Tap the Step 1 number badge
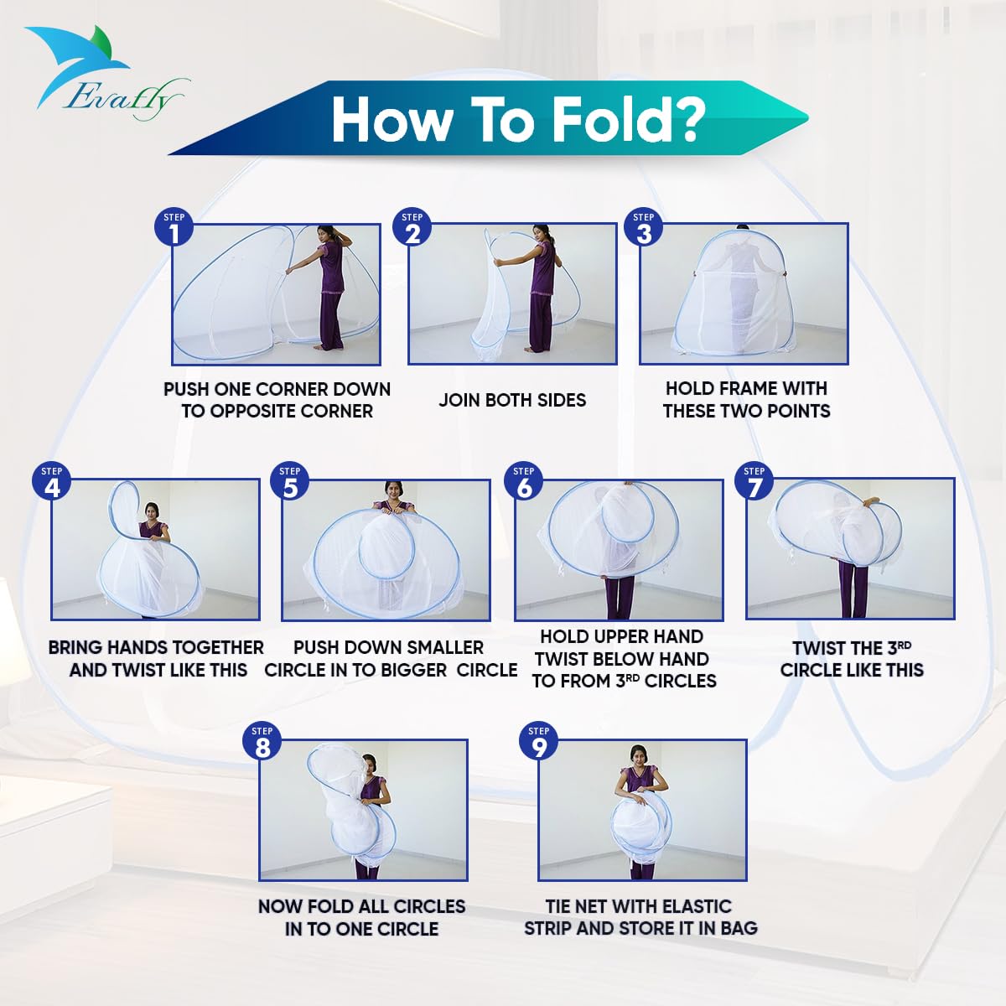click(174, 228)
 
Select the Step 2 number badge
click(412, 228)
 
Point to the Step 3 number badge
click(643, 228)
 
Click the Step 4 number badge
click(52, 482)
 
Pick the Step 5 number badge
click(290, 482)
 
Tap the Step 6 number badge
click(524, 482)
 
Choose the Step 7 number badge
click(754, 482)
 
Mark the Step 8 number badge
click(262, 742)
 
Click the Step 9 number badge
click(539, 742)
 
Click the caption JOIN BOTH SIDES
click(512, 400)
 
